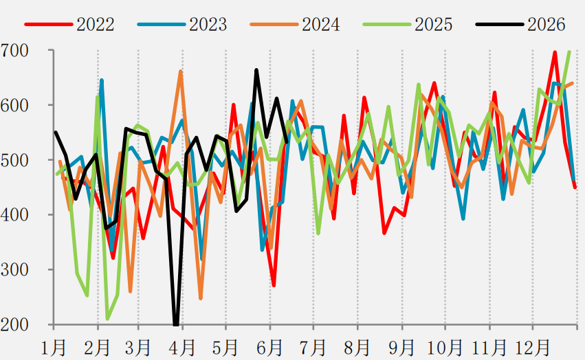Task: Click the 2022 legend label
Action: (96, 25)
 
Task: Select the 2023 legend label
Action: (208, 25)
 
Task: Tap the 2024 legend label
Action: (321, 25)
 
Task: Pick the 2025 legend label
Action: (434, 25)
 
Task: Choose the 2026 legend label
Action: (547, 25)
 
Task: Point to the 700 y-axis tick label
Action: (14, 51)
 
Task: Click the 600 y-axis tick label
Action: (14, 106)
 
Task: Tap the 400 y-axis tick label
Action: (14, 215)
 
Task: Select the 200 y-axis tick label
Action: (14, 325)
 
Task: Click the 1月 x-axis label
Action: (54, 348)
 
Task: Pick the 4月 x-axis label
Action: (182, 348)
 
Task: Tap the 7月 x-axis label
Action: (313, 348)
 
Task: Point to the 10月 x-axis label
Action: (445, 348)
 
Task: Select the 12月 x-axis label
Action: (532, 348)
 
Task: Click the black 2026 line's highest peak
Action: (256, 70)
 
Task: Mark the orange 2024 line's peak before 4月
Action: (181, 71)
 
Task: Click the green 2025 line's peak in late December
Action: (569, 52)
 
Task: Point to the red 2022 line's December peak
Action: (555, 52)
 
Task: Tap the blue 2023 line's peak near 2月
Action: (102, 80)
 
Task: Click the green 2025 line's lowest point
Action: (107, 319)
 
